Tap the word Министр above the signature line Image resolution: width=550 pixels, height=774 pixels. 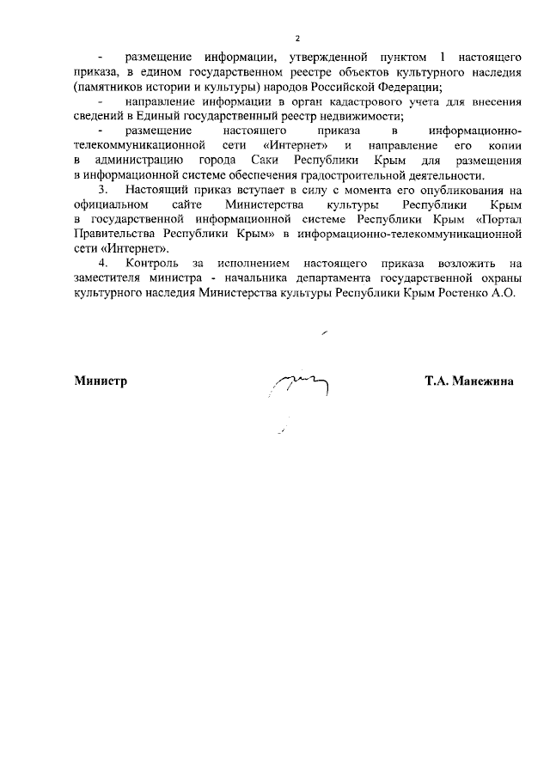click(101, 381)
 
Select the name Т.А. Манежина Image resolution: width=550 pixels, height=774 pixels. click(468, 381)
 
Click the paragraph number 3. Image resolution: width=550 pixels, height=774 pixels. click(103, 190)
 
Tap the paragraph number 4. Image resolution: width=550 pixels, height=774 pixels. click(103, 262)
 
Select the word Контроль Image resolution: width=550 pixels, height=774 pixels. click(152, 262)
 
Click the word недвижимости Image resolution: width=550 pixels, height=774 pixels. click(363, 116)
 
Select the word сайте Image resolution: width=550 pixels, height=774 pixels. click(187, 204)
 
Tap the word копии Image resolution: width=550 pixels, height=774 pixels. click(502, 145)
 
